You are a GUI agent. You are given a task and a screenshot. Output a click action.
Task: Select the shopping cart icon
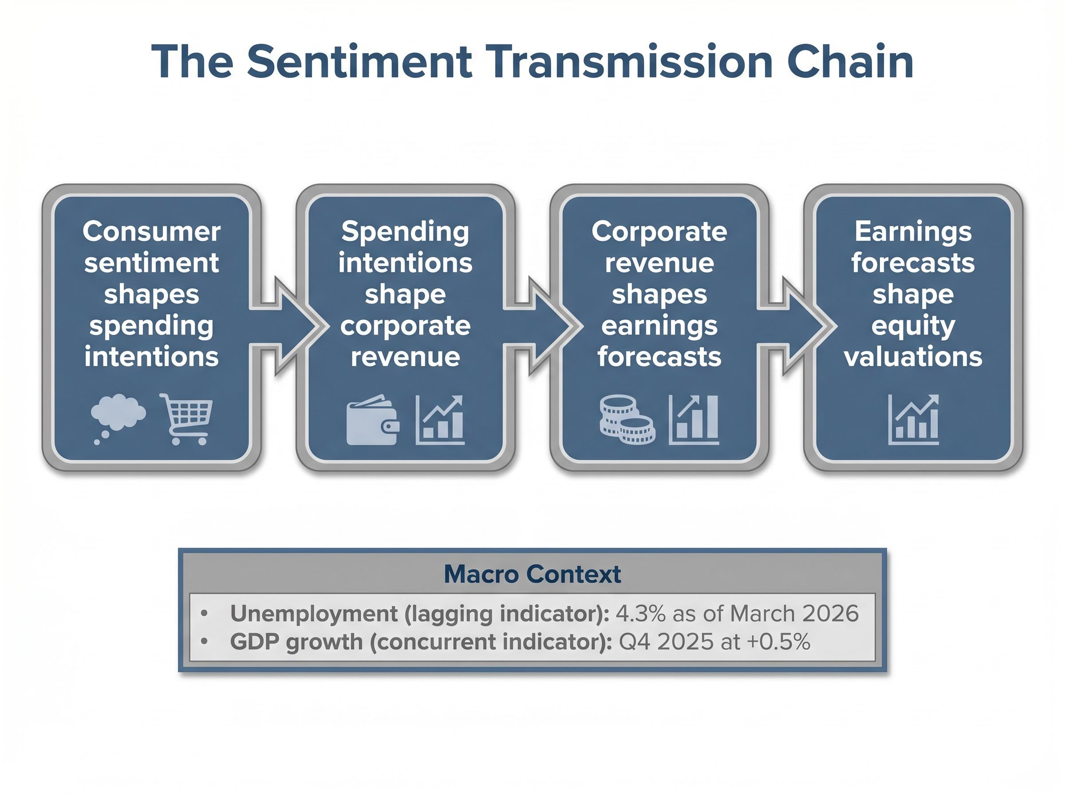coord(187,419)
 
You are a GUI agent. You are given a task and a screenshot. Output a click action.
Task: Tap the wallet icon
coord(372,420)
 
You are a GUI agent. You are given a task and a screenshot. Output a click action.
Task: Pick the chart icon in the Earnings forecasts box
coord(913,419)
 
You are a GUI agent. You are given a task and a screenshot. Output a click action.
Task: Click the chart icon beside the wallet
coord(440,420)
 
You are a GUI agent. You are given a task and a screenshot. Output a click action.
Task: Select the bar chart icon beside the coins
coord(694,420)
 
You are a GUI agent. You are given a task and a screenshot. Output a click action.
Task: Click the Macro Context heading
coord(532,574)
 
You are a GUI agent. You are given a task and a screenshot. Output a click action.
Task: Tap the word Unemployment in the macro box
coord(313,614)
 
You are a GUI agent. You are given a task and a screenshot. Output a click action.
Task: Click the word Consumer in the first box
coord(151,232)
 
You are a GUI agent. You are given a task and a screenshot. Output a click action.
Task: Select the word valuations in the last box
coord(912,357)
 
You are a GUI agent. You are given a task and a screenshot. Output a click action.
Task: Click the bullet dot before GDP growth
coord(205,642)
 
